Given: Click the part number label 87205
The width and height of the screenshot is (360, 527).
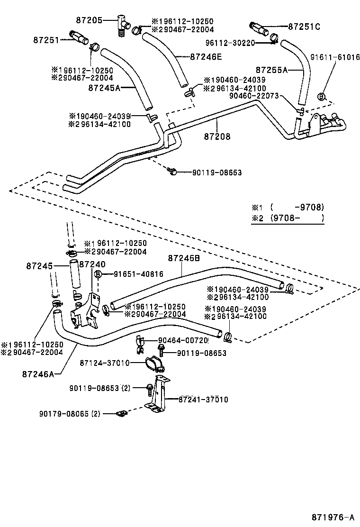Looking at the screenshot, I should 89,20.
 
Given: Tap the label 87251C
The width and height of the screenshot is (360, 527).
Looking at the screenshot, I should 304,27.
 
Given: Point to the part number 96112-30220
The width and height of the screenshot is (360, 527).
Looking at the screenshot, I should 230,43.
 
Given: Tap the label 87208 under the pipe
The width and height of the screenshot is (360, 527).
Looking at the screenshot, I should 217,136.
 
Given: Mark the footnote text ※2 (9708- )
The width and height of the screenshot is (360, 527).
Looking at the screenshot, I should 288,218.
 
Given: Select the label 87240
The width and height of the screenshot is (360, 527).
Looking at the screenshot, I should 92,264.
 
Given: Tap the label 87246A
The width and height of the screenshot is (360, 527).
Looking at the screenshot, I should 38,373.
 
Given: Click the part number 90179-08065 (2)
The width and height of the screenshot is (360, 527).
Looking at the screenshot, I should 70,414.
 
